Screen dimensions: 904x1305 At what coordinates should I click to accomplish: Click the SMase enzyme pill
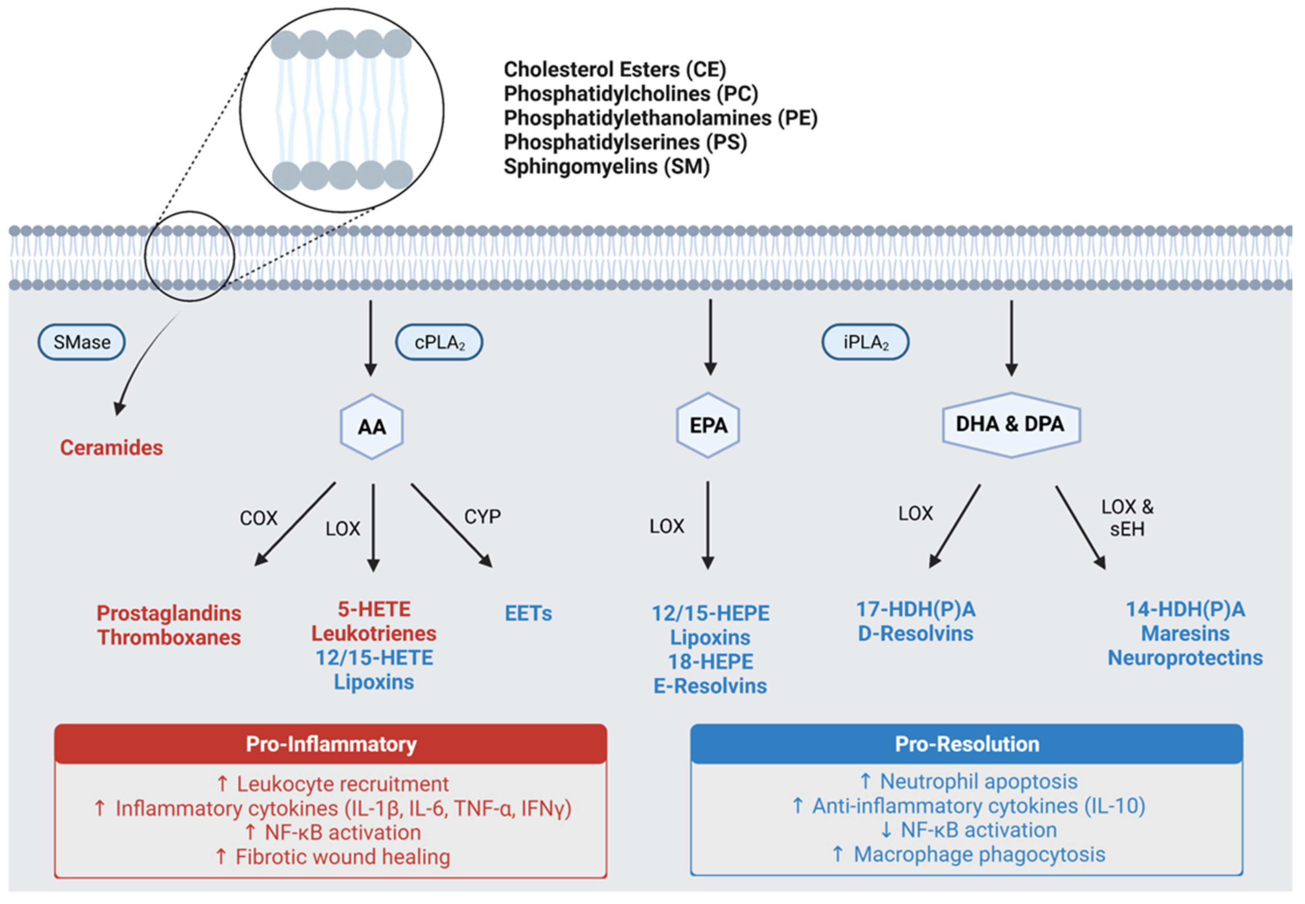click(x=82, y=342)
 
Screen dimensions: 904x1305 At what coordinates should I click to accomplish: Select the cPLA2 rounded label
click(x=439, y=342)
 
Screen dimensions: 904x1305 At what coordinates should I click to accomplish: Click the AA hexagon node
click(x=371, y=426)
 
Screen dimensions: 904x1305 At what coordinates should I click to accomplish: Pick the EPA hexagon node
click(x=708, y=425)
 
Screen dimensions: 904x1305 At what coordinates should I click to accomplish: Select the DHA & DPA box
click(x=1011, y=424)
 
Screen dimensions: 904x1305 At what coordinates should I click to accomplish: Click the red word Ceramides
click(x=112, y=447)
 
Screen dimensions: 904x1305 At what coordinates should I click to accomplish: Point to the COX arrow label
click(x=259, y=518)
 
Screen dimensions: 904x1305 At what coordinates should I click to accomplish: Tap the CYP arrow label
click(x=483, y=516)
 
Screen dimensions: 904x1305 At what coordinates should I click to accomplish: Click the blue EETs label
click(x=528, y=614)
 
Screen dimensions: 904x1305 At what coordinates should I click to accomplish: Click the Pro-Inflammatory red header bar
click(x=331, y=744)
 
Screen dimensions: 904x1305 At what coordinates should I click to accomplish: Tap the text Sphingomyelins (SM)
click(x=606, y=167)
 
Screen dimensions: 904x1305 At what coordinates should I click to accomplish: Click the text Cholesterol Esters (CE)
click(x=614, y=69)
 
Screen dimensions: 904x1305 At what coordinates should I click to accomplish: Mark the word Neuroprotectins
click(x=1185, y=658)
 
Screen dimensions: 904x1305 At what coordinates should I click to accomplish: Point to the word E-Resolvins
click(x=710, y=686)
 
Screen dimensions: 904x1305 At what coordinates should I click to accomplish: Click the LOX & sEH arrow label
click(x=1127, y=518)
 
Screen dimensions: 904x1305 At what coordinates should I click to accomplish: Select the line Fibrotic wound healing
click(x=333, y=856)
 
